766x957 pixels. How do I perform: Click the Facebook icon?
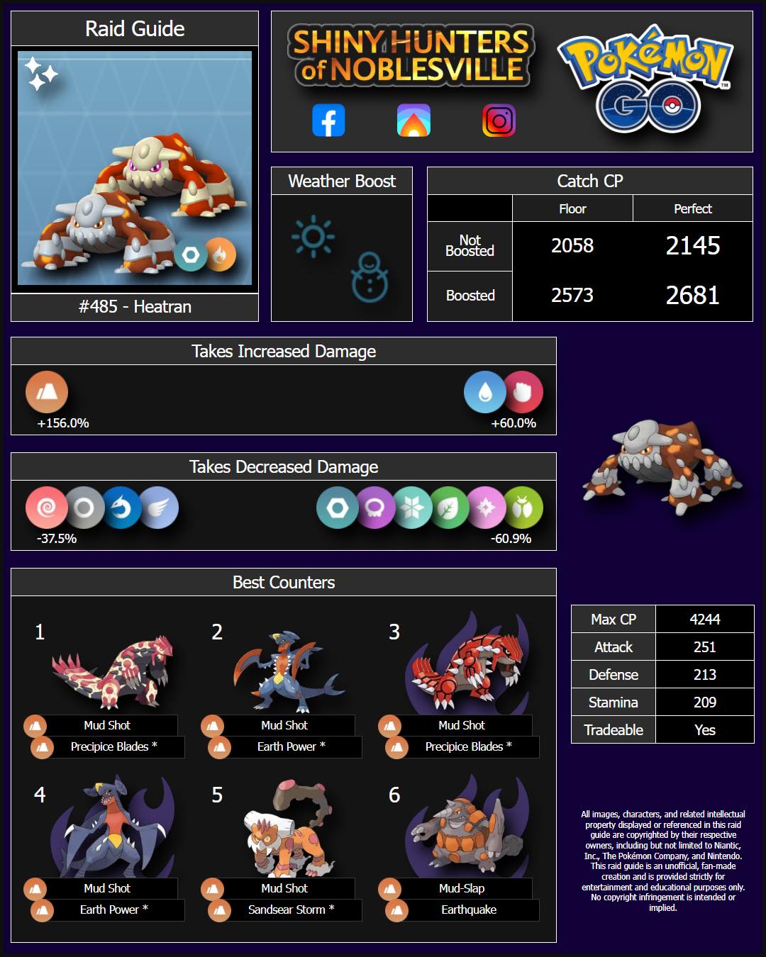point(328,120)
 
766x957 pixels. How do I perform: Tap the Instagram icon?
point(499,120)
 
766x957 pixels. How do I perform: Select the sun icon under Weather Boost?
point(313,236)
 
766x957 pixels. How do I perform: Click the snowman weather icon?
point(370,277)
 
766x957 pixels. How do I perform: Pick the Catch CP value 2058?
point(572,245)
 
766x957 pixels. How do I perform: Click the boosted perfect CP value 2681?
point(692,296)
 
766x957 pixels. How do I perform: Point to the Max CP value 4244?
point(704,619)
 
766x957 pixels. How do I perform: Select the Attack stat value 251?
point(704,647)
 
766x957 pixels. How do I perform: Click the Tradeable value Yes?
point(704,729)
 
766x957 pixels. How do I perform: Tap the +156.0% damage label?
point(62,423)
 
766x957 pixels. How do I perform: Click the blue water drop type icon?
point(484,392)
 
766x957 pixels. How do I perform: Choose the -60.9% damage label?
point(511,539)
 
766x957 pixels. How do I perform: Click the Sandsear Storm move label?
point(291,910)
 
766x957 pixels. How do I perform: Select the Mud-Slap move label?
point(462,888)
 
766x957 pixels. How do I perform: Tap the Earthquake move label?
point(469,910)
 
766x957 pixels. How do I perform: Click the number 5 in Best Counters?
point(217,795)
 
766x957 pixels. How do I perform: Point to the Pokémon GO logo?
point(645,79)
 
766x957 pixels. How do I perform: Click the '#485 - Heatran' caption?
point(135,307)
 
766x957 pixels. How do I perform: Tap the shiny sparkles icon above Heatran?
point(41,73)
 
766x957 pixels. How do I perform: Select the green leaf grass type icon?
point(449,508)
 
